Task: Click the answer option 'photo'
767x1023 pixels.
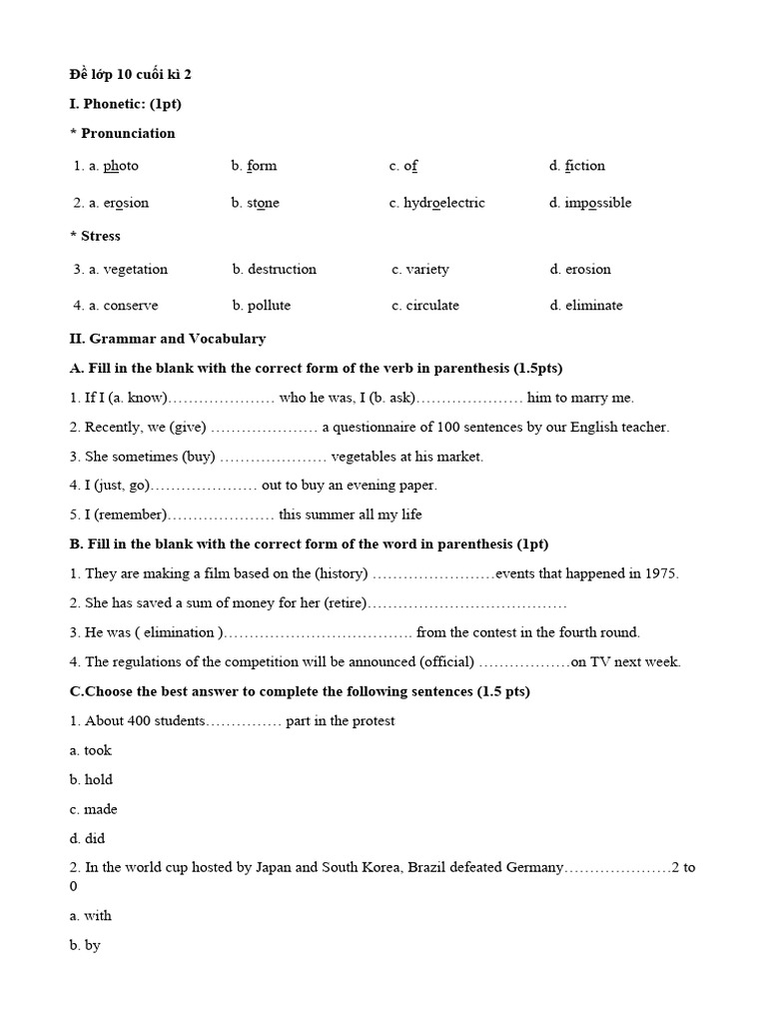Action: coord(120,166)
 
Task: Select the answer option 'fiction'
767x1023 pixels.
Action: coord(584,166)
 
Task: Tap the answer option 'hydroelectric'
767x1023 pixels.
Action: coord(443,203)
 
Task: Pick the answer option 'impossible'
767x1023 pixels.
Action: coord(597,203)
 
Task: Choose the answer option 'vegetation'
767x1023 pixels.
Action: coord(135,269)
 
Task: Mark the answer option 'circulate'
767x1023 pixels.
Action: coord(432,306)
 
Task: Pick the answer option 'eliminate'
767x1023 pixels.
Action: coord(593,306)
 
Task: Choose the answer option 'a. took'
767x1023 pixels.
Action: coord(91,750)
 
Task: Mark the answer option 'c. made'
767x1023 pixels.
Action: coord(94,809)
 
